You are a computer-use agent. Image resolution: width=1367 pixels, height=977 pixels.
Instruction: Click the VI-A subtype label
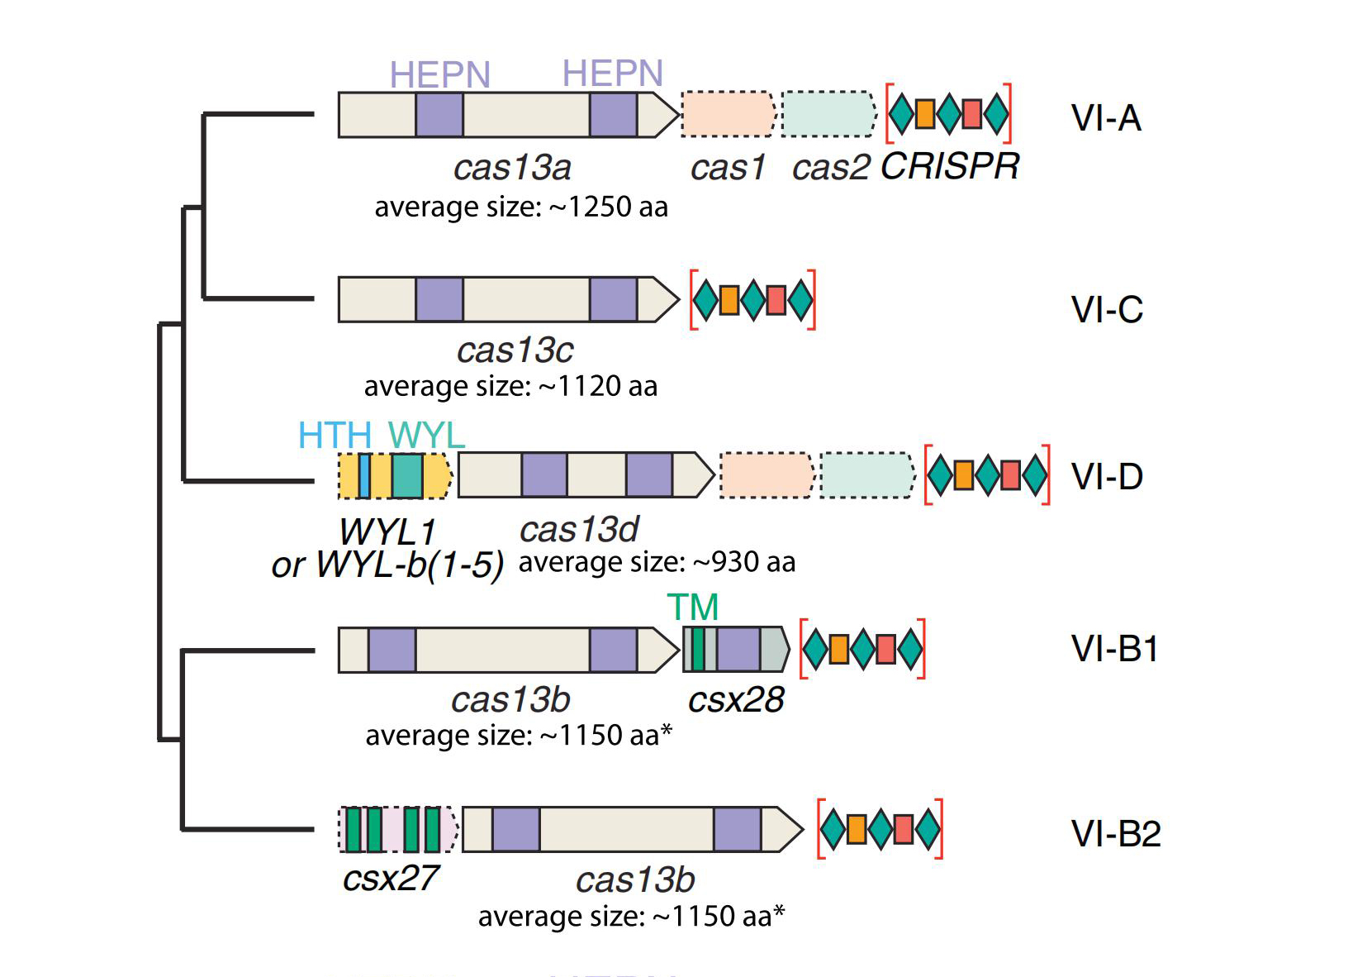(x=1106, y=118)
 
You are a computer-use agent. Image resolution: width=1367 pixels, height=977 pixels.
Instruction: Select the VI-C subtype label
(x=1107, y=310)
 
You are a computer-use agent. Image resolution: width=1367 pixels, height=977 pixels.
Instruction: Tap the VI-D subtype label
(x=1107, y=477)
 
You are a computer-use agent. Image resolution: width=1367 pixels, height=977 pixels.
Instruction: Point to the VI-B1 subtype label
(x=1114, y=649)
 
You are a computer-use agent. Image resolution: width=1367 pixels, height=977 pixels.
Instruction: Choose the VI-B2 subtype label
(x=1116, y=834)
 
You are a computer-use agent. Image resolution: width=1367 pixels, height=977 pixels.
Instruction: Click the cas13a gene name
(x=512, y=168)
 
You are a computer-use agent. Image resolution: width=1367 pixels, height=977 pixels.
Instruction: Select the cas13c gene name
(x=515, y=350)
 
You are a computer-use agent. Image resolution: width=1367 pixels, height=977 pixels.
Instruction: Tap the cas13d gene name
(x=579, y=530)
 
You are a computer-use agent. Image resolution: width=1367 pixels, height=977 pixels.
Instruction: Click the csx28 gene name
(x=736, y=700)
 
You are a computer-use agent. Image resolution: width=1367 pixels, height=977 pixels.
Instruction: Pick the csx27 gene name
(x=390, y=878)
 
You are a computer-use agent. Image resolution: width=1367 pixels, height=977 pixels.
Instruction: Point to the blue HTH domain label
(x=335, y=436)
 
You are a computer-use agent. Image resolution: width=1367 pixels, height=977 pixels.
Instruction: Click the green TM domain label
(x=692, y=608)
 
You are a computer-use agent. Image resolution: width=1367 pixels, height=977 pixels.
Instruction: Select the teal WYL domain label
(x=426, y=436)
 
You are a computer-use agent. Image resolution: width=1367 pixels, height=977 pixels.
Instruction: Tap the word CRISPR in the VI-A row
(x=950, y=166)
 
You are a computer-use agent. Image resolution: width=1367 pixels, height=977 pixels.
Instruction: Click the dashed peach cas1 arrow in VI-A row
(x=728, y=114)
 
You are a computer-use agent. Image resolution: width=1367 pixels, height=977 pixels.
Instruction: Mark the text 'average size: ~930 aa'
(x=657, y=562)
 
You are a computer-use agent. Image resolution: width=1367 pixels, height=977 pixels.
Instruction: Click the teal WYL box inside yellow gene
(x=407, y=476)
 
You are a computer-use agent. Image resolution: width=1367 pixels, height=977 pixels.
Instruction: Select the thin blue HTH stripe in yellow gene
(x=364, y=476)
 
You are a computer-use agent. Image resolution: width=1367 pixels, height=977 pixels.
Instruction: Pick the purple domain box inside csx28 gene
(x=738, y=649)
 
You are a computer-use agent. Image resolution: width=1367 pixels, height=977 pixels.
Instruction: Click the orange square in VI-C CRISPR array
(x=729, y=300)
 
